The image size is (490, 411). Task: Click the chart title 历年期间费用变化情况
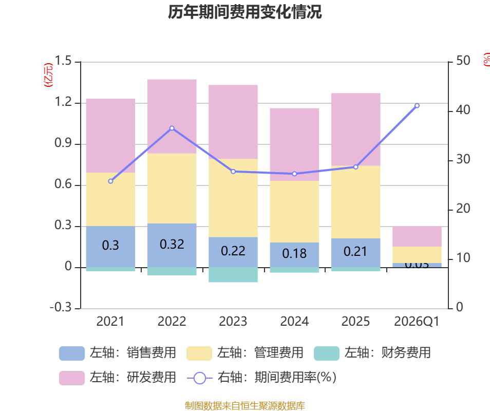(245, 12)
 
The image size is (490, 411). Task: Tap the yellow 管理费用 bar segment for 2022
(172, 188)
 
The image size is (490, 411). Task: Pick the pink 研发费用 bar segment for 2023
(233, 122)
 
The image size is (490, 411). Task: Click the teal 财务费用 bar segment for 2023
(233, 275)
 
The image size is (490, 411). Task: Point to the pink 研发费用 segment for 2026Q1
(417, 236)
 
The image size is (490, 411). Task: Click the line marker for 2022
(172, 128)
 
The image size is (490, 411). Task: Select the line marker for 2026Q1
(417, 105)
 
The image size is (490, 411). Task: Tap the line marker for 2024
(294, 174)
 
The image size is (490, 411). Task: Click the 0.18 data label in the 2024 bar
(294, 253)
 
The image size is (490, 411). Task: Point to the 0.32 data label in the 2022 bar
(172, 245)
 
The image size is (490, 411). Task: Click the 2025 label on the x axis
(355, 322)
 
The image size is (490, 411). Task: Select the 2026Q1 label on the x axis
(417, 322)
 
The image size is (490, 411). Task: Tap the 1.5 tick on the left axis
(63, 61)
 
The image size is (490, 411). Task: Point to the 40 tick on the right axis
(463, 110)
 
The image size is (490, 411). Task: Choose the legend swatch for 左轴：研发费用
(71, 378)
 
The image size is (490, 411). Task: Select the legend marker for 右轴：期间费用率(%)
(199, 378)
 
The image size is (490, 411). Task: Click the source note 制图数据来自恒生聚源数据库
(245, 406)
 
